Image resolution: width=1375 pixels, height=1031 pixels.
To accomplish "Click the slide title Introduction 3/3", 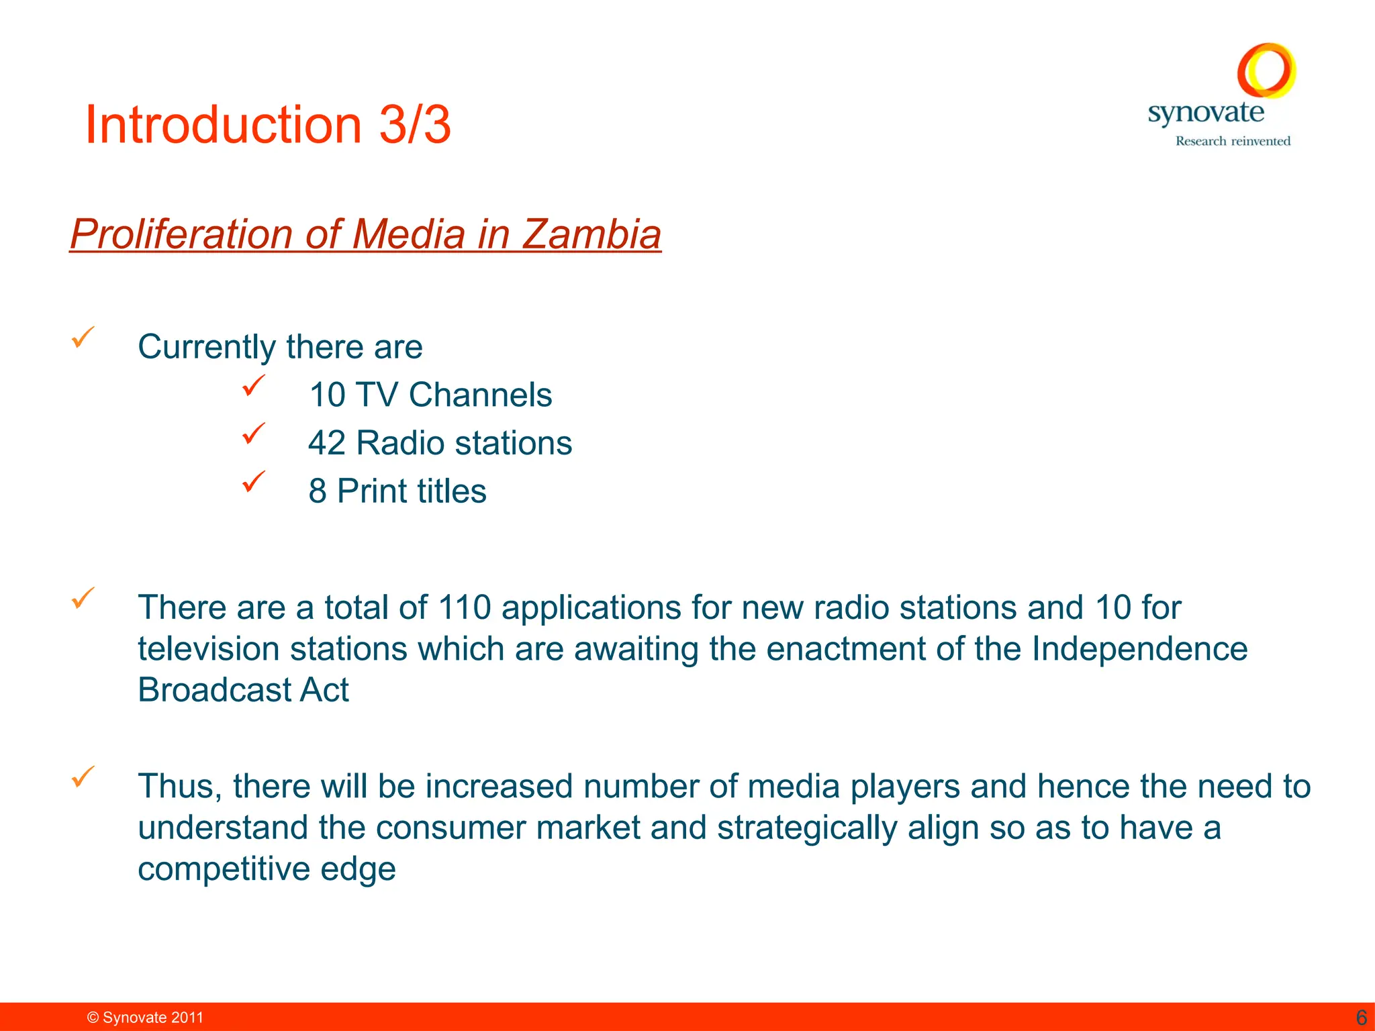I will pyautogui.click(x=268, y=125).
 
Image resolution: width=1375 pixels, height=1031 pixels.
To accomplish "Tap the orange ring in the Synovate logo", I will pyautogui.click(x=1266, y=70).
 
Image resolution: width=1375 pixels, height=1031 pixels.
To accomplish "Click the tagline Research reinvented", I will pyautogui.click(x=1233, y=141).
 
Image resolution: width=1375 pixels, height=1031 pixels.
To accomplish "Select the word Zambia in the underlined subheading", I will pyautogui.click(x=591, y=234).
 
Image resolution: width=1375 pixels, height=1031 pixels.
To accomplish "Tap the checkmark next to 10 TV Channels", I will pyautogui.click(x=254, y=385).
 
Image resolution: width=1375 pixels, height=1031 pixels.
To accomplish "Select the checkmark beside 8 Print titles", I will pyautogui.click(x=254, y=481).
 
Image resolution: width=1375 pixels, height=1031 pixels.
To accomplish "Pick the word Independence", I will pyautogui.click(x=1139, y=649).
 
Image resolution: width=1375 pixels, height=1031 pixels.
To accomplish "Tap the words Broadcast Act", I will pyautogui.click(x=243, y=690).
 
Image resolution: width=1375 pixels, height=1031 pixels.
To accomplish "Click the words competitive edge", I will pyautogui.click(x=267, y=869).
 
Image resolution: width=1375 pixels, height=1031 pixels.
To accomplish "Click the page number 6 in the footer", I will pyautogui.click(x=1362, y=1018).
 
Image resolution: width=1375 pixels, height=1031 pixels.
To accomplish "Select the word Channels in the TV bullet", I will pyautogui.click(x=480, y=395).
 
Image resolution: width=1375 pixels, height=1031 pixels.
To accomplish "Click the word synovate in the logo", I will pyautogui.click(x=1206, y=113).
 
